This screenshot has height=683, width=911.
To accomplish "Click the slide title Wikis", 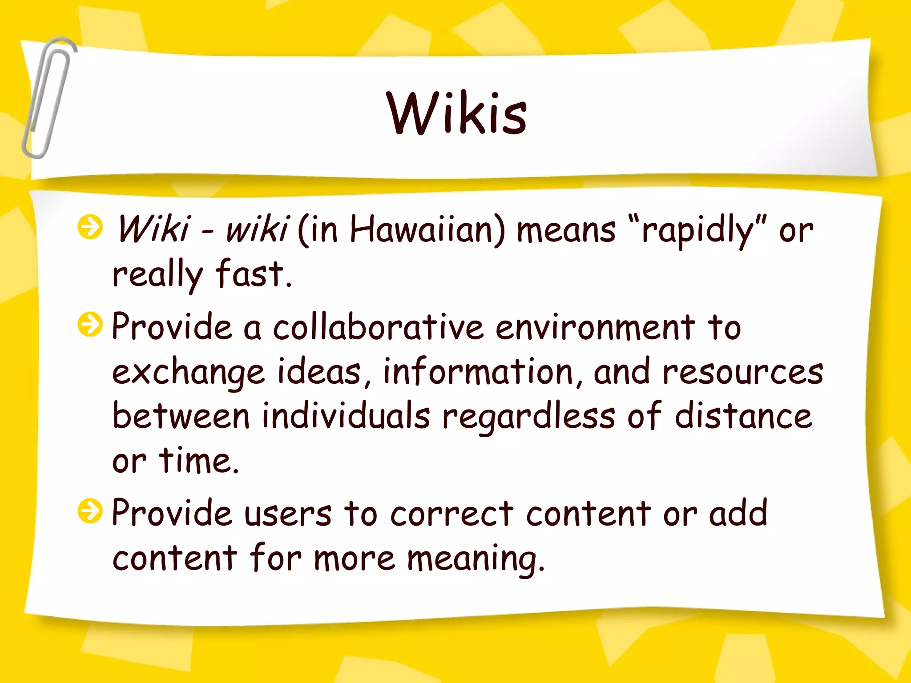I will [456, 113].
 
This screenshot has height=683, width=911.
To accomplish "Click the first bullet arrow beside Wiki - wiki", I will [90, 227].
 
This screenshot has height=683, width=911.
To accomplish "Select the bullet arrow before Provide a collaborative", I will [90, 324].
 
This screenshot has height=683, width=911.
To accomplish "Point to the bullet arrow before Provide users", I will [90, 511].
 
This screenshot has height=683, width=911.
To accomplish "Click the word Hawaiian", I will [427, 230].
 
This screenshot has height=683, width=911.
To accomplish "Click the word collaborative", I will [378, 327].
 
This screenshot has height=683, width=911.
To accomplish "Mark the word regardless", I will [528, 417].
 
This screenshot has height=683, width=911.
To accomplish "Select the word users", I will [288, 514].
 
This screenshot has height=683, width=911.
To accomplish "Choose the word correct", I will [452, 514].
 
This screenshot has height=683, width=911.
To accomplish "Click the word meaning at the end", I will [475, 559].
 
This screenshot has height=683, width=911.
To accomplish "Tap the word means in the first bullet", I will [566, 231].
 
